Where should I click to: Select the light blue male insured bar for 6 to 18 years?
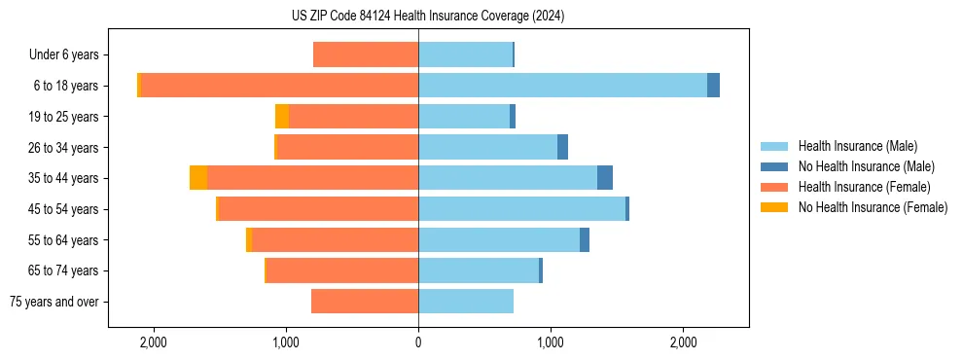pyautogui.click(x=562, y=86)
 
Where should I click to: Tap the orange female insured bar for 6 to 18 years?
pyautogui.click(x=280, y=86)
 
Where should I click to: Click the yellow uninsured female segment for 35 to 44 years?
pyautogui.click(x=198, y=178)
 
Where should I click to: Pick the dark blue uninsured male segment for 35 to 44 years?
pyautogui.click(x=605, y=178)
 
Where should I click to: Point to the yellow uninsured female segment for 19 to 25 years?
pyautogui.click(x=282, y=117)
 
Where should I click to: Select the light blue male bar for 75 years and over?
pyautogui.click(x=466, y=302)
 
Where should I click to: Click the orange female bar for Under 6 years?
pyautogui.click(x=366, y=54)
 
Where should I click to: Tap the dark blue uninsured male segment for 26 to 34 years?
pyautogui.click(x=562, y=147)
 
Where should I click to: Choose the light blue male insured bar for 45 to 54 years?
pyautogui.click(x=521, y=209)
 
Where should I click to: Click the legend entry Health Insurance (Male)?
pyautogui.click(x=857, y=146)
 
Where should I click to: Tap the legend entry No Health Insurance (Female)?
pyautogui.click(x=873, y=207)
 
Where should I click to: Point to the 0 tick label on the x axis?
pyautogui.click(x=418, y=342)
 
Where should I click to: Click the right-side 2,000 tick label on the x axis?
pyautogui.click(x=683, y=342)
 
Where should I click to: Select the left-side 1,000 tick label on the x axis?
pyautogui.click(x=286, y=342)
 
